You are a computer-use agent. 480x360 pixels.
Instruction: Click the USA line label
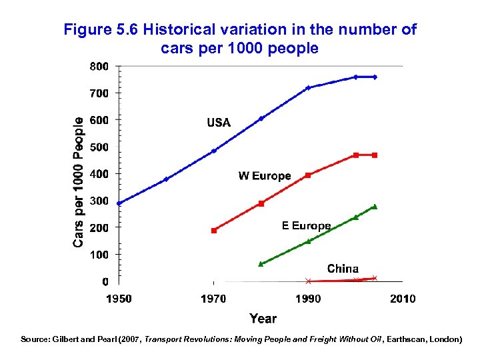219,123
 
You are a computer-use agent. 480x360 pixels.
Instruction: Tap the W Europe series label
265,176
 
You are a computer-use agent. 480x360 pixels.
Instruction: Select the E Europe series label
306,226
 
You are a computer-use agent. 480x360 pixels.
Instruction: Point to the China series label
343,269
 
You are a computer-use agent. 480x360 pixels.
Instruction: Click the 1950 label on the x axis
119,299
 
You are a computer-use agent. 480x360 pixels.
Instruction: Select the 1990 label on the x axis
308,299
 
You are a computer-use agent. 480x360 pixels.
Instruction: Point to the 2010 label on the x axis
403,299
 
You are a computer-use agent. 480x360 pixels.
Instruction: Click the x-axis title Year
263,319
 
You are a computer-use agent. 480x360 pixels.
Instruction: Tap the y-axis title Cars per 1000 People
79,182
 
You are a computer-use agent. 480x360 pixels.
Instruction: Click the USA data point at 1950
119,203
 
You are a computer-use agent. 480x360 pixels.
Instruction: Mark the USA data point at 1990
308,88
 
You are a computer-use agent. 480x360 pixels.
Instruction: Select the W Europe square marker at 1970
214,231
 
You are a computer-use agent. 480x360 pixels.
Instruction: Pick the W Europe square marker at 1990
308,175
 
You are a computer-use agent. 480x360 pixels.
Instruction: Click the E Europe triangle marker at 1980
261,264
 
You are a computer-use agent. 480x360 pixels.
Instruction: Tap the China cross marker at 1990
308,281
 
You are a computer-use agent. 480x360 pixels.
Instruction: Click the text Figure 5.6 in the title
100,30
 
